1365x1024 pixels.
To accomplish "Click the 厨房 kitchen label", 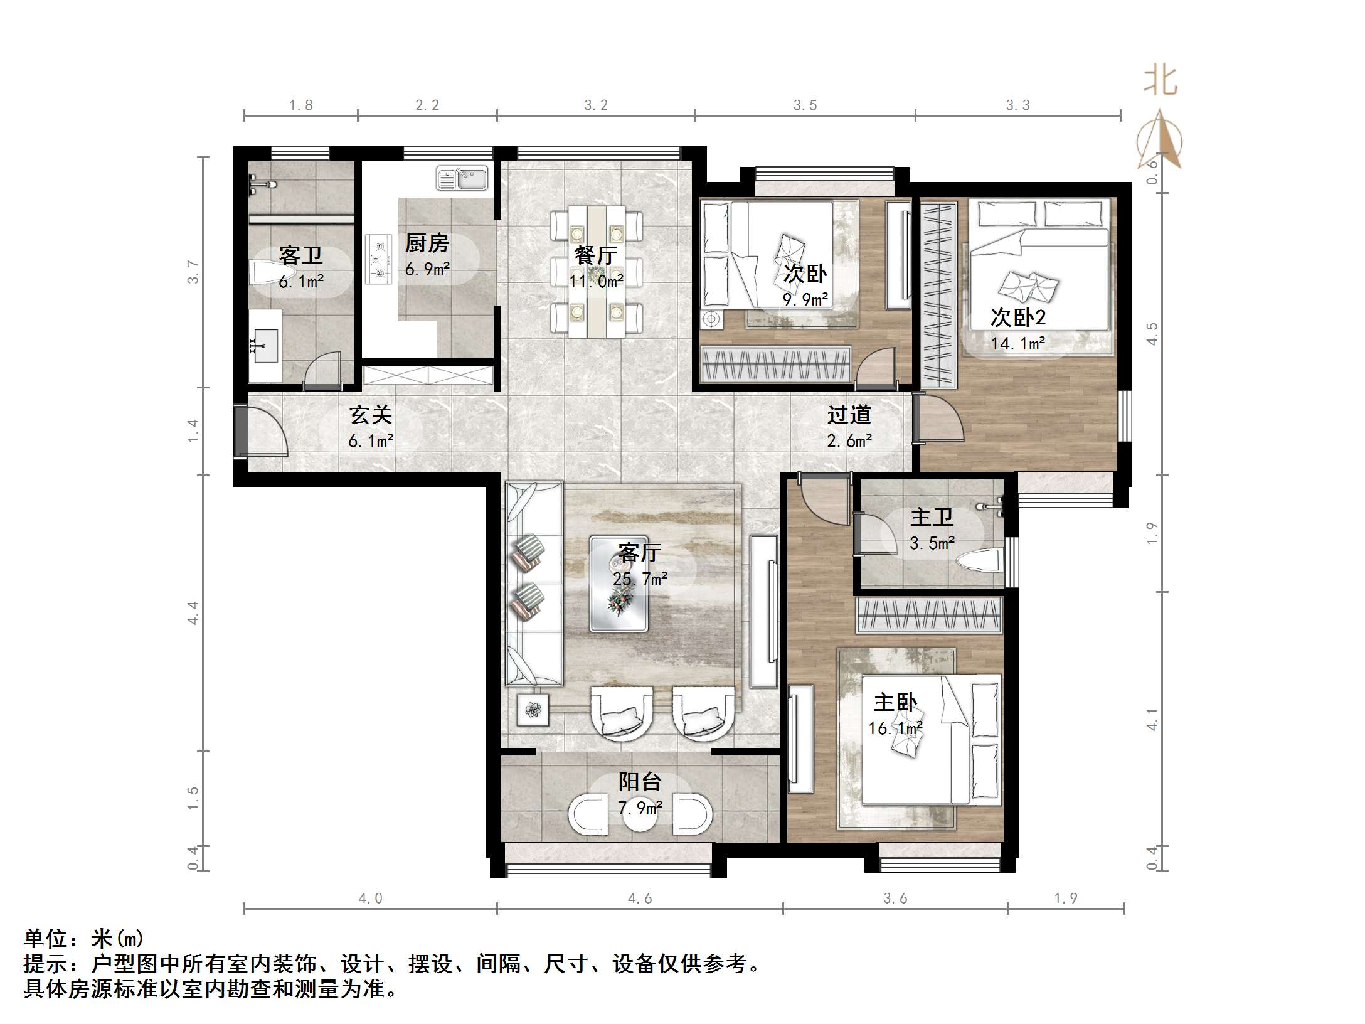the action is point(427,243).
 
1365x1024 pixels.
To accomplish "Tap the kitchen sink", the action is point(462,178).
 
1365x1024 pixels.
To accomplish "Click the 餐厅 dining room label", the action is point(596,255).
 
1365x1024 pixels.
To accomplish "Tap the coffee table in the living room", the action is point(619,584).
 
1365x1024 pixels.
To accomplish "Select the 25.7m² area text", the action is point(640,579).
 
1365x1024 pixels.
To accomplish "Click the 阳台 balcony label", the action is point(640,782).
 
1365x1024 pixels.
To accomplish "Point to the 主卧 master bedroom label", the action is point(895,702).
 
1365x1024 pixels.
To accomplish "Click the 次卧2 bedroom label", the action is point(1018,317).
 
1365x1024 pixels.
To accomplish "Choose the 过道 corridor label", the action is point(849,415).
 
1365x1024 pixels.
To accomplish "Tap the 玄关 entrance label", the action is point(371,415).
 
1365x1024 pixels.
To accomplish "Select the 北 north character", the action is point(1161,80).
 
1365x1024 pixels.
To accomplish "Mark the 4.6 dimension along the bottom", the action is point(640,899).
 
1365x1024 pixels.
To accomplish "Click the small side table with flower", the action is point(533,710).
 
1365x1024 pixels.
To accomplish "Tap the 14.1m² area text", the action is point(1018,344).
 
